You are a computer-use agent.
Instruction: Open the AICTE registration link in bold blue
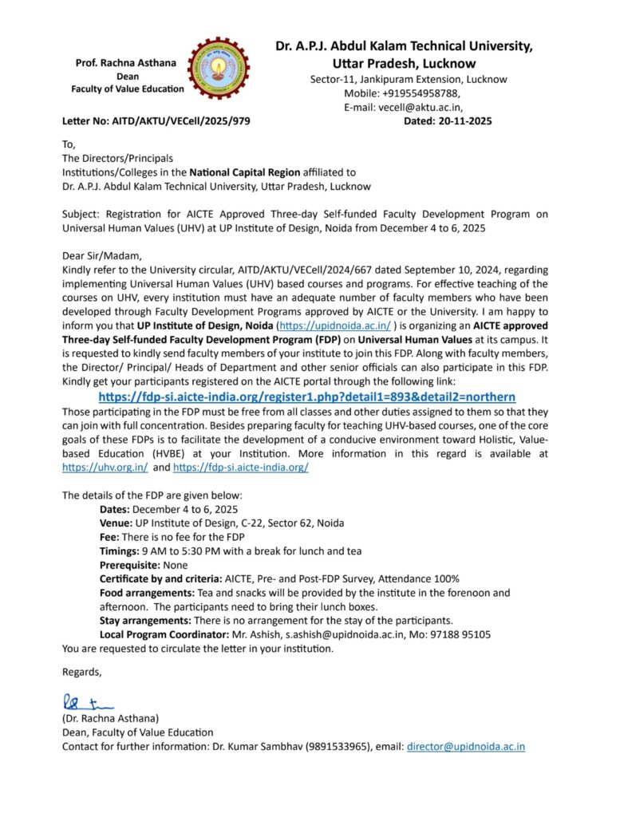[306, 397]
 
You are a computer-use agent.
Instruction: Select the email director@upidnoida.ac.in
[465, 747]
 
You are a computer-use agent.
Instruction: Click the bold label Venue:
[117, 523]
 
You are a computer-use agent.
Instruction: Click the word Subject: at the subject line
[82, 215]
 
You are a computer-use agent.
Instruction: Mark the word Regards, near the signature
[82, 672]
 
